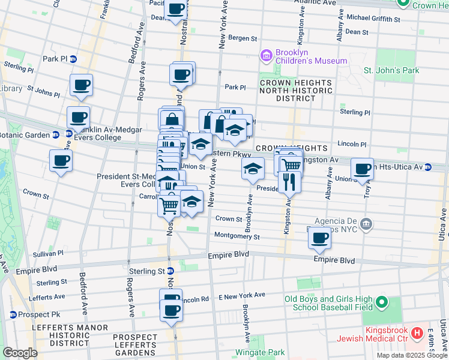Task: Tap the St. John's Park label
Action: (x=391, y=71)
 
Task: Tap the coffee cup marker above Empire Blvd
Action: (x=319, y=238)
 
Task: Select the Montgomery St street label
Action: (x=237, y=236)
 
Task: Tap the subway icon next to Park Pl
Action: (x=73, y=59)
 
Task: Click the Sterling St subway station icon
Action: (x=170, y=271)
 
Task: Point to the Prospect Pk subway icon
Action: (x=13, y=314)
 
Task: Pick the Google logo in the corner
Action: (x=20, y=352)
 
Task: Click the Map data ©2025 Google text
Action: (x=411, y=355)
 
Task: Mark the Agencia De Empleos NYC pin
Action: (x=368, y=225)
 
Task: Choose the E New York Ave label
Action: (x=241, y=295)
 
